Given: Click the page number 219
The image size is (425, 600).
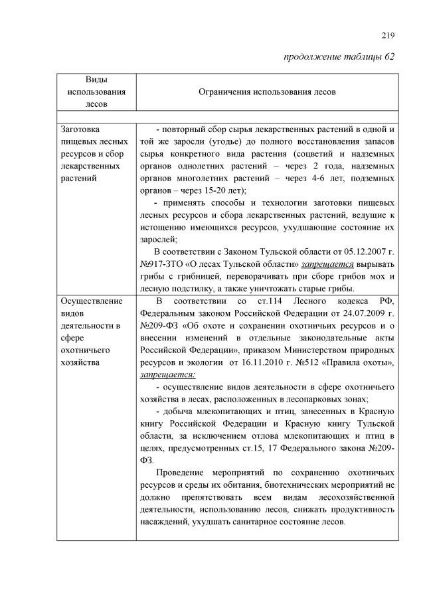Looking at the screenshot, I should point(388,35).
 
